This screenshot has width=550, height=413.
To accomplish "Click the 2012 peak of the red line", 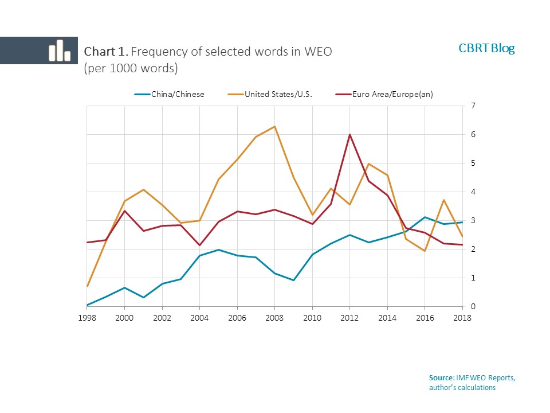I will tap(350, 135).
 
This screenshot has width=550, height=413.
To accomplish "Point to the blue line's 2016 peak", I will tap(425, 217).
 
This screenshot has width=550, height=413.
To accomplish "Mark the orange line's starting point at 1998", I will tap(87, 286).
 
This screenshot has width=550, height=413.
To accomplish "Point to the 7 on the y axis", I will tap(473, 106).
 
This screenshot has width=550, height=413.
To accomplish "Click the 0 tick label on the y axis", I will tap(473, 307).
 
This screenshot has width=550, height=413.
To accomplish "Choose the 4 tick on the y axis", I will tap(473, 192).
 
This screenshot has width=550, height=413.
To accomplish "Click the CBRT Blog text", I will tap(486, 48).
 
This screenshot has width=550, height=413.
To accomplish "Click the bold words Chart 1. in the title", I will tap(106, 51).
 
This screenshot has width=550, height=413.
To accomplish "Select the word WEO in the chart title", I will tap(318, 51).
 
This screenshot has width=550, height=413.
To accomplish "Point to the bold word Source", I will tap(441, 377).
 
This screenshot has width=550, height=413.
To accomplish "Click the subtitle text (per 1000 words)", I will tap(131, 68).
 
